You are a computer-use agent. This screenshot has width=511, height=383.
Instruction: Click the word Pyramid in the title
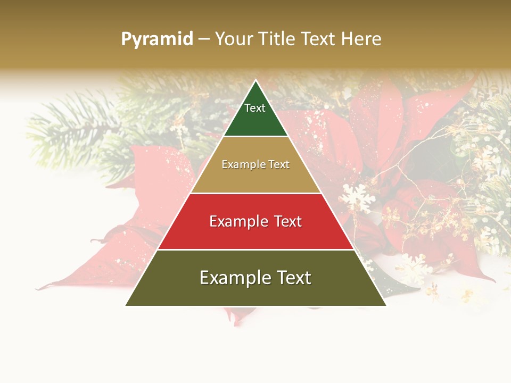click(x=157, y=39)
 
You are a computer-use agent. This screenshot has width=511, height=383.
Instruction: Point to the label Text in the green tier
click(x=254, y=108)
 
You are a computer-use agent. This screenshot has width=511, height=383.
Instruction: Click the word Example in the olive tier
click(x=234, y=278)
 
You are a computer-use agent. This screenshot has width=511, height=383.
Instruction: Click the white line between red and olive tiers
click(x=256, y=249)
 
